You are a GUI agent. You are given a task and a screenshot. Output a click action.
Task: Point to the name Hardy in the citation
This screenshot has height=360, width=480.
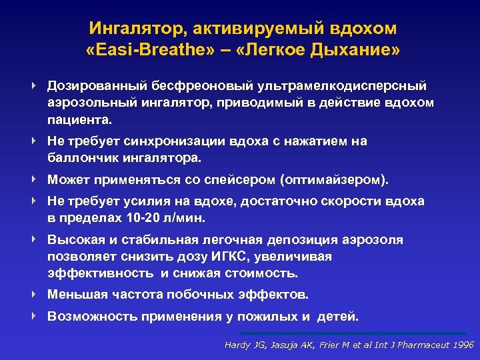pyautogui.click(x=237, y=345)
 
